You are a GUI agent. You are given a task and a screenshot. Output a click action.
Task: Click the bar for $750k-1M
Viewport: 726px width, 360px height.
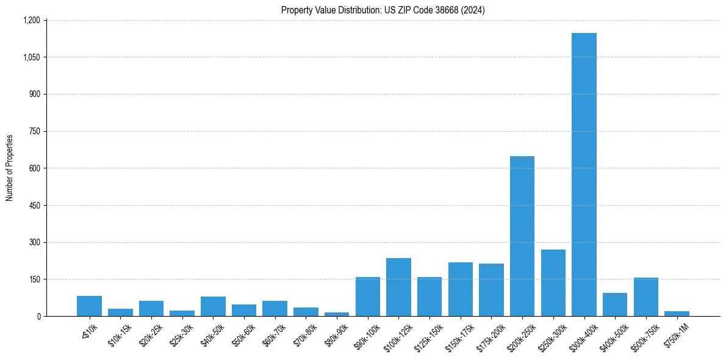point(677,314)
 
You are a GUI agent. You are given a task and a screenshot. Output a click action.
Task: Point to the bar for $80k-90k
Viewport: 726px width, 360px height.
point(337,314)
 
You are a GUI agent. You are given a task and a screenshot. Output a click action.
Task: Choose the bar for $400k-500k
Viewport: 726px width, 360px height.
point(615,304)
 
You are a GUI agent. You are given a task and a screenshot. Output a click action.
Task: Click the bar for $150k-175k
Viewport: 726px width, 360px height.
point(461,289)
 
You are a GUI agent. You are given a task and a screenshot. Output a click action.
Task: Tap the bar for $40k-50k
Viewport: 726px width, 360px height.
point(213,306)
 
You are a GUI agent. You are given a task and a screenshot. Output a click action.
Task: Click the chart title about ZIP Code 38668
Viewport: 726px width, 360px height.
point(383,10)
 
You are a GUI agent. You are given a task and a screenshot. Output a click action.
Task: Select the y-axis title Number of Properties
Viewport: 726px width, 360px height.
point(10,168)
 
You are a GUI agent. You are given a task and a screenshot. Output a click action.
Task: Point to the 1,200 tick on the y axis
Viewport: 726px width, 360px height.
point(31,20)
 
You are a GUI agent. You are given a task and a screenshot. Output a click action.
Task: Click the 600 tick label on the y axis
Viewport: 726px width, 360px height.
point(34,168)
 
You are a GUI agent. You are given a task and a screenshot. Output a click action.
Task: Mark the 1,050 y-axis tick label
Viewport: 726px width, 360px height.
point(31,57)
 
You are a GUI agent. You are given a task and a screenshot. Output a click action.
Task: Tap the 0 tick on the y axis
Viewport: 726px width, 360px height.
point(38,316)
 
